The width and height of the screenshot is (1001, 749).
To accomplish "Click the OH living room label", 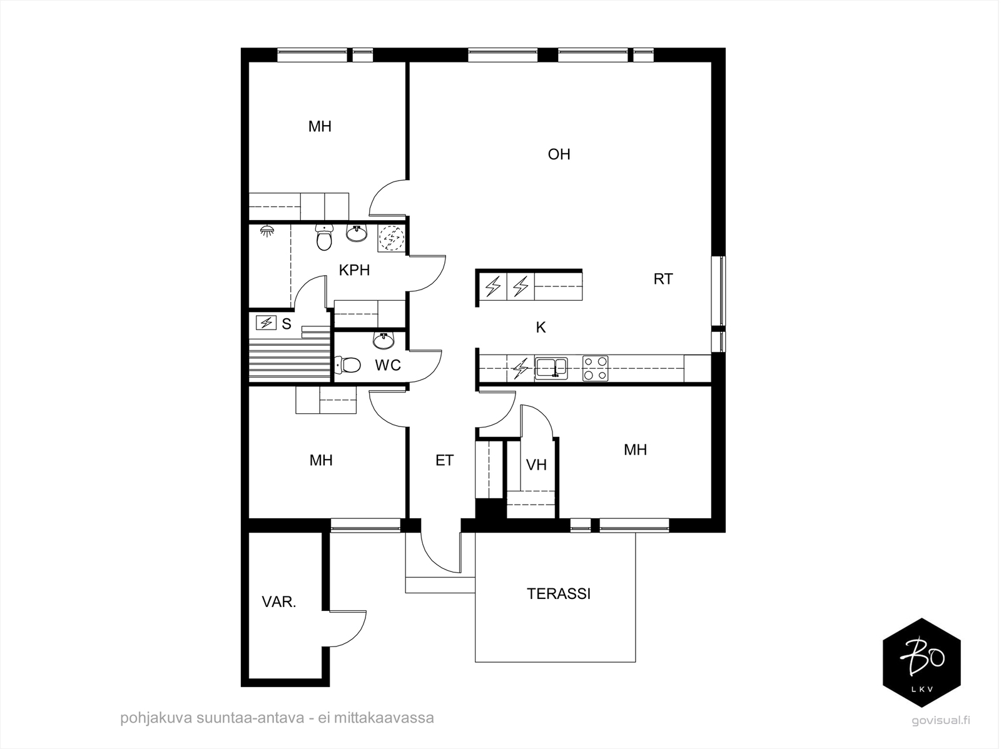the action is click(559, 154).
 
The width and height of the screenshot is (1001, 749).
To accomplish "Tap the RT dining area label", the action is click(663, 279).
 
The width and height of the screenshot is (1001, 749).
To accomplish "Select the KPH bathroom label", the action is click(354, 270).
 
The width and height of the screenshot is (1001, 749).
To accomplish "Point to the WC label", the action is click(388, 365).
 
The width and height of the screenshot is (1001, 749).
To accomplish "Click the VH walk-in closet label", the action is click(536, 465).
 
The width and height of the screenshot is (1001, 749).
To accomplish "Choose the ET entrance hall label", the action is click(444, 460).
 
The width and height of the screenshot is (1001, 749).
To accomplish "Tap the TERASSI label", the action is click(559, 594).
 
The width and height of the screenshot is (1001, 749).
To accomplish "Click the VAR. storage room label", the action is click(278, 602).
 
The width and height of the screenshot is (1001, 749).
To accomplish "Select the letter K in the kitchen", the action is click(541, 327).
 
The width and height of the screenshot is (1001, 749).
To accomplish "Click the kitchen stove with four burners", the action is click(595, 369).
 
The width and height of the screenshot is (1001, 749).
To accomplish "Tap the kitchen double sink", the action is click(551, 368).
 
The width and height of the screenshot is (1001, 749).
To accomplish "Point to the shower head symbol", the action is click(267, 231).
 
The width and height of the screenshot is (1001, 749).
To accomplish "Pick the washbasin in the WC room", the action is click(384, 340).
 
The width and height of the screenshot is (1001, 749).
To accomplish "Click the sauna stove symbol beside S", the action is click(266, 323).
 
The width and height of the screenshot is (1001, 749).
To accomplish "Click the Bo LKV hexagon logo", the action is click(922, 663).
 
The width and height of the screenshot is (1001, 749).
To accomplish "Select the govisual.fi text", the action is click(941, 720).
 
